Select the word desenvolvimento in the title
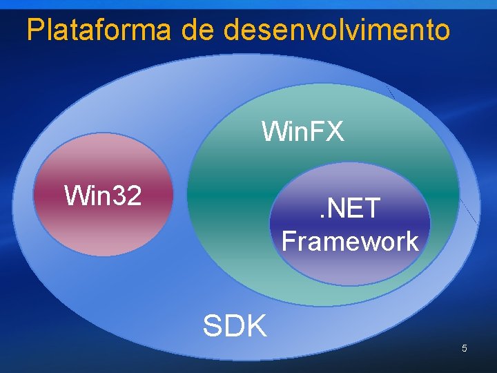pos(337,29)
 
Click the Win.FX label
pos(302,131)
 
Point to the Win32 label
pos(102,195)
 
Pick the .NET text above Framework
pos(350,208)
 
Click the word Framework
pos(350,241)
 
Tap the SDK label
pos(235,325)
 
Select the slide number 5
pos(465,348)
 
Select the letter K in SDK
pos(256,325)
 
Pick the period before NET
pos(321,217)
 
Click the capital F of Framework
pos(289,241)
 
